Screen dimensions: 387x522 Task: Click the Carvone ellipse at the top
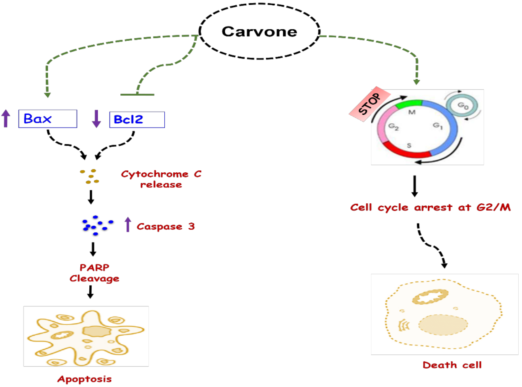(260, 32)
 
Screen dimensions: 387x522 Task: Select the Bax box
(48, 119)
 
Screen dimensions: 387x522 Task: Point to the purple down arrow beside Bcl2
(96, 119)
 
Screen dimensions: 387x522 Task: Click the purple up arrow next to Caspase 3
(128, 224)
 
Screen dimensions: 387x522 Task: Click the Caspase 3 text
(166, 226)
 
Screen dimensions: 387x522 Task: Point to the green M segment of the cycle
(414, 104)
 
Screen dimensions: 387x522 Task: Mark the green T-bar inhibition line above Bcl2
(137, 95)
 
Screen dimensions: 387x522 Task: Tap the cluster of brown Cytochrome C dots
(90, 176)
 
